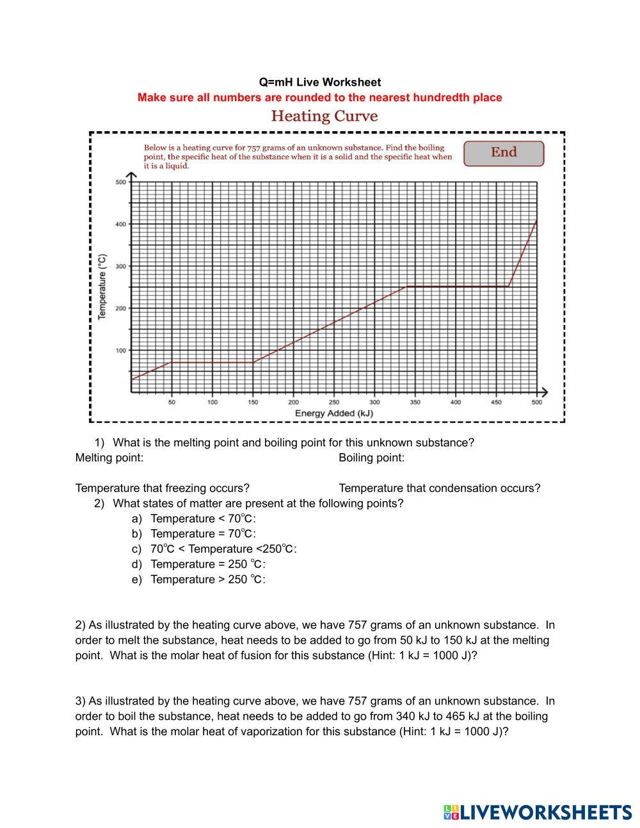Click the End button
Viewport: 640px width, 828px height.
pos(504,153)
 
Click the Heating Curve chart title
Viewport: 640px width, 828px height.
pos(324,116)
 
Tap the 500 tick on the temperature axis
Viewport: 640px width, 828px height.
pos(120,182)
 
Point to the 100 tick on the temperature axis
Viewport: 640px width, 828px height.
pos(120,351)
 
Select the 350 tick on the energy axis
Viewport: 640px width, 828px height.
pos(415,402)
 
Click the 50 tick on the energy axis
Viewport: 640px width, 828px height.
pos(172,402)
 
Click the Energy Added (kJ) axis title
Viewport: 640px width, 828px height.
pos(333,413)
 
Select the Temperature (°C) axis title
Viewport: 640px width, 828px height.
pos(102,287)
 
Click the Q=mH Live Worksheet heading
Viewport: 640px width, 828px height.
pos(319,83)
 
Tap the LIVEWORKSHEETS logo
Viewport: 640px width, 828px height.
pos(537,812)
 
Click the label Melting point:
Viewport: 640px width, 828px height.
pos(109,458)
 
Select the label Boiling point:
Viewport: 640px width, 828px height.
pos(372,458)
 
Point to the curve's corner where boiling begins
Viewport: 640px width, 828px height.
pos(407,287)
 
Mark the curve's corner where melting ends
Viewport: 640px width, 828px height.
pos(253,362)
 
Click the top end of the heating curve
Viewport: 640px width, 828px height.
pos(536,220)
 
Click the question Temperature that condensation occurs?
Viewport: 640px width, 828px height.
pos(439,488)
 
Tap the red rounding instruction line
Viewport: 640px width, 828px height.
pos(319,98)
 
